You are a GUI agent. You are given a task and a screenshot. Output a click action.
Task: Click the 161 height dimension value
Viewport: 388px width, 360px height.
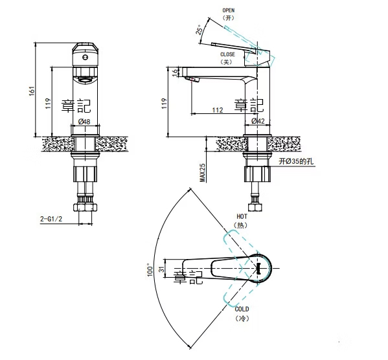(32, 91)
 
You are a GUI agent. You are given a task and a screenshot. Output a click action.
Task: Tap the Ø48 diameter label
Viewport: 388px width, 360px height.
(84, 122)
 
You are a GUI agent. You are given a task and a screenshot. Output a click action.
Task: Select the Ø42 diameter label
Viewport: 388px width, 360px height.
(258, 121)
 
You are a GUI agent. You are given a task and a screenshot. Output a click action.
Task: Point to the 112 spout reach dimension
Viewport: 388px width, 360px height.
(217, 110)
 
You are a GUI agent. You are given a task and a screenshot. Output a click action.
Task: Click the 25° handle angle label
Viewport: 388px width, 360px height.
(200, 30)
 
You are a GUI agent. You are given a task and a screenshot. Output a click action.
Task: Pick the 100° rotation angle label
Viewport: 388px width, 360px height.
(150, 270)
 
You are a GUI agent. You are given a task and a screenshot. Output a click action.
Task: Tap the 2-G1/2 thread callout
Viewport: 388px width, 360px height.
(51, 219)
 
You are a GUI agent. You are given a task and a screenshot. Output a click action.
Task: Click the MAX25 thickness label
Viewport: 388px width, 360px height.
(203, 173)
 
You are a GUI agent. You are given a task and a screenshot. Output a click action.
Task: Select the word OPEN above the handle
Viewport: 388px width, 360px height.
(229, 10)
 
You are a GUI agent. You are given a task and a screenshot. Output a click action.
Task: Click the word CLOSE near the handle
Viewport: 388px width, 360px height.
(227, 54)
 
